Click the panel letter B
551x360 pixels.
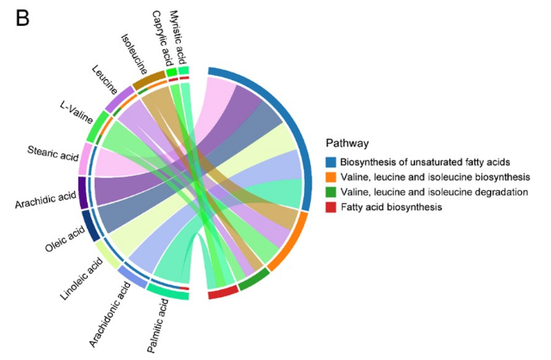click(x=22, y=18)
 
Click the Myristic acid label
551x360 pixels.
click(x=178, y=36)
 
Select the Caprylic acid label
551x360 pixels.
click(x=163, y=38)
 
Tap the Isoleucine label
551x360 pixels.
click(x=134, y=54)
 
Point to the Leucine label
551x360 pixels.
click(x=104, y=80)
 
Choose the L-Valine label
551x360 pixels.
click(x=77, y=113)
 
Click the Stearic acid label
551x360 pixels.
click(x=53, y=153)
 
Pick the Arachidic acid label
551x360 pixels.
click(x=46, y=200)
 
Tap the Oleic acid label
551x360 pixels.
click(x=65, y=239)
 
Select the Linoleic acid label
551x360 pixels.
click(x=82, y=279)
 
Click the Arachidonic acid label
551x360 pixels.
click(x=109, y=314)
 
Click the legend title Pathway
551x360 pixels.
click(x=348, y=143)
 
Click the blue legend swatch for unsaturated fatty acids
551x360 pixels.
click(x=331, y=162)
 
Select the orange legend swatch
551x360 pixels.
click(x=331, y=177)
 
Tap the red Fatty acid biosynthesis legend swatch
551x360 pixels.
click(x=331, y=207)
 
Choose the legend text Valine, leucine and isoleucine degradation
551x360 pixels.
click(x=434, y=192)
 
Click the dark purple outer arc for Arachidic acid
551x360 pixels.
click(x=83, y=193)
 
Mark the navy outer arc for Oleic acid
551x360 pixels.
click(x=91, y=226)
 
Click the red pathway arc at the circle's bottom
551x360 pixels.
click(x=223, y=292)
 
